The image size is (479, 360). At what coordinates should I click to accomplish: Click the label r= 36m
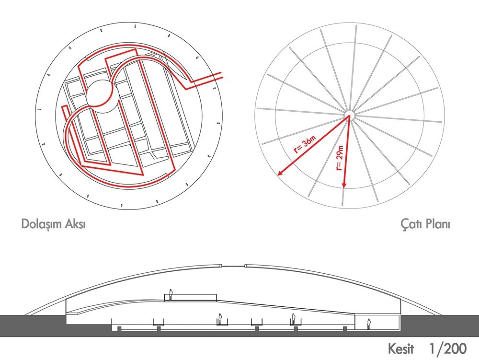304,145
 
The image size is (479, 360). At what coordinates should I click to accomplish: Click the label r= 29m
340,158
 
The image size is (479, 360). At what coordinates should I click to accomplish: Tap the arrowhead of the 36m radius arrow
280,173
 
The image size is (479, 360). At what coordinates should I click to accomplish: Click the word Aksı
76,224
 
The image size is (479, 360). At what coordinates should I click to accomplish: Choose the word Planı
436,224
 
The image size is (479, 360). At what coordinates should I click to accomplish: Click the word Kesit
401,348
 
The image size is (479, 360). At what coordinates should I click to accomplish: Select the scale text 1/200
448,348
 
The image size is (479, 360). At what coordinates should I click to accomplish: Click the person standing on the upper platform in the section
171,295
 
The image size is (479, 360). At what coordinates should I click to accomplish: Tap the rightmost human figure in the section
369,324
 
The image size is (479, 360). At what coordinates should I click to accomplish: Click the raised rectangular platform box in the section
191,297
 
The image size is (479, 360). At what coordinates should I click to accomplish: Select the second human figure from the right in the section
293,319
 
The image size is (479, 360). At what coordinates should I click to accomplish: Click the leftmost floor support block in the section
119,328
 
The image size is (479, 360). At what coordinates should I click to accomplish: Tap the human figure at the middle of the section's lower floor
220,319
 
